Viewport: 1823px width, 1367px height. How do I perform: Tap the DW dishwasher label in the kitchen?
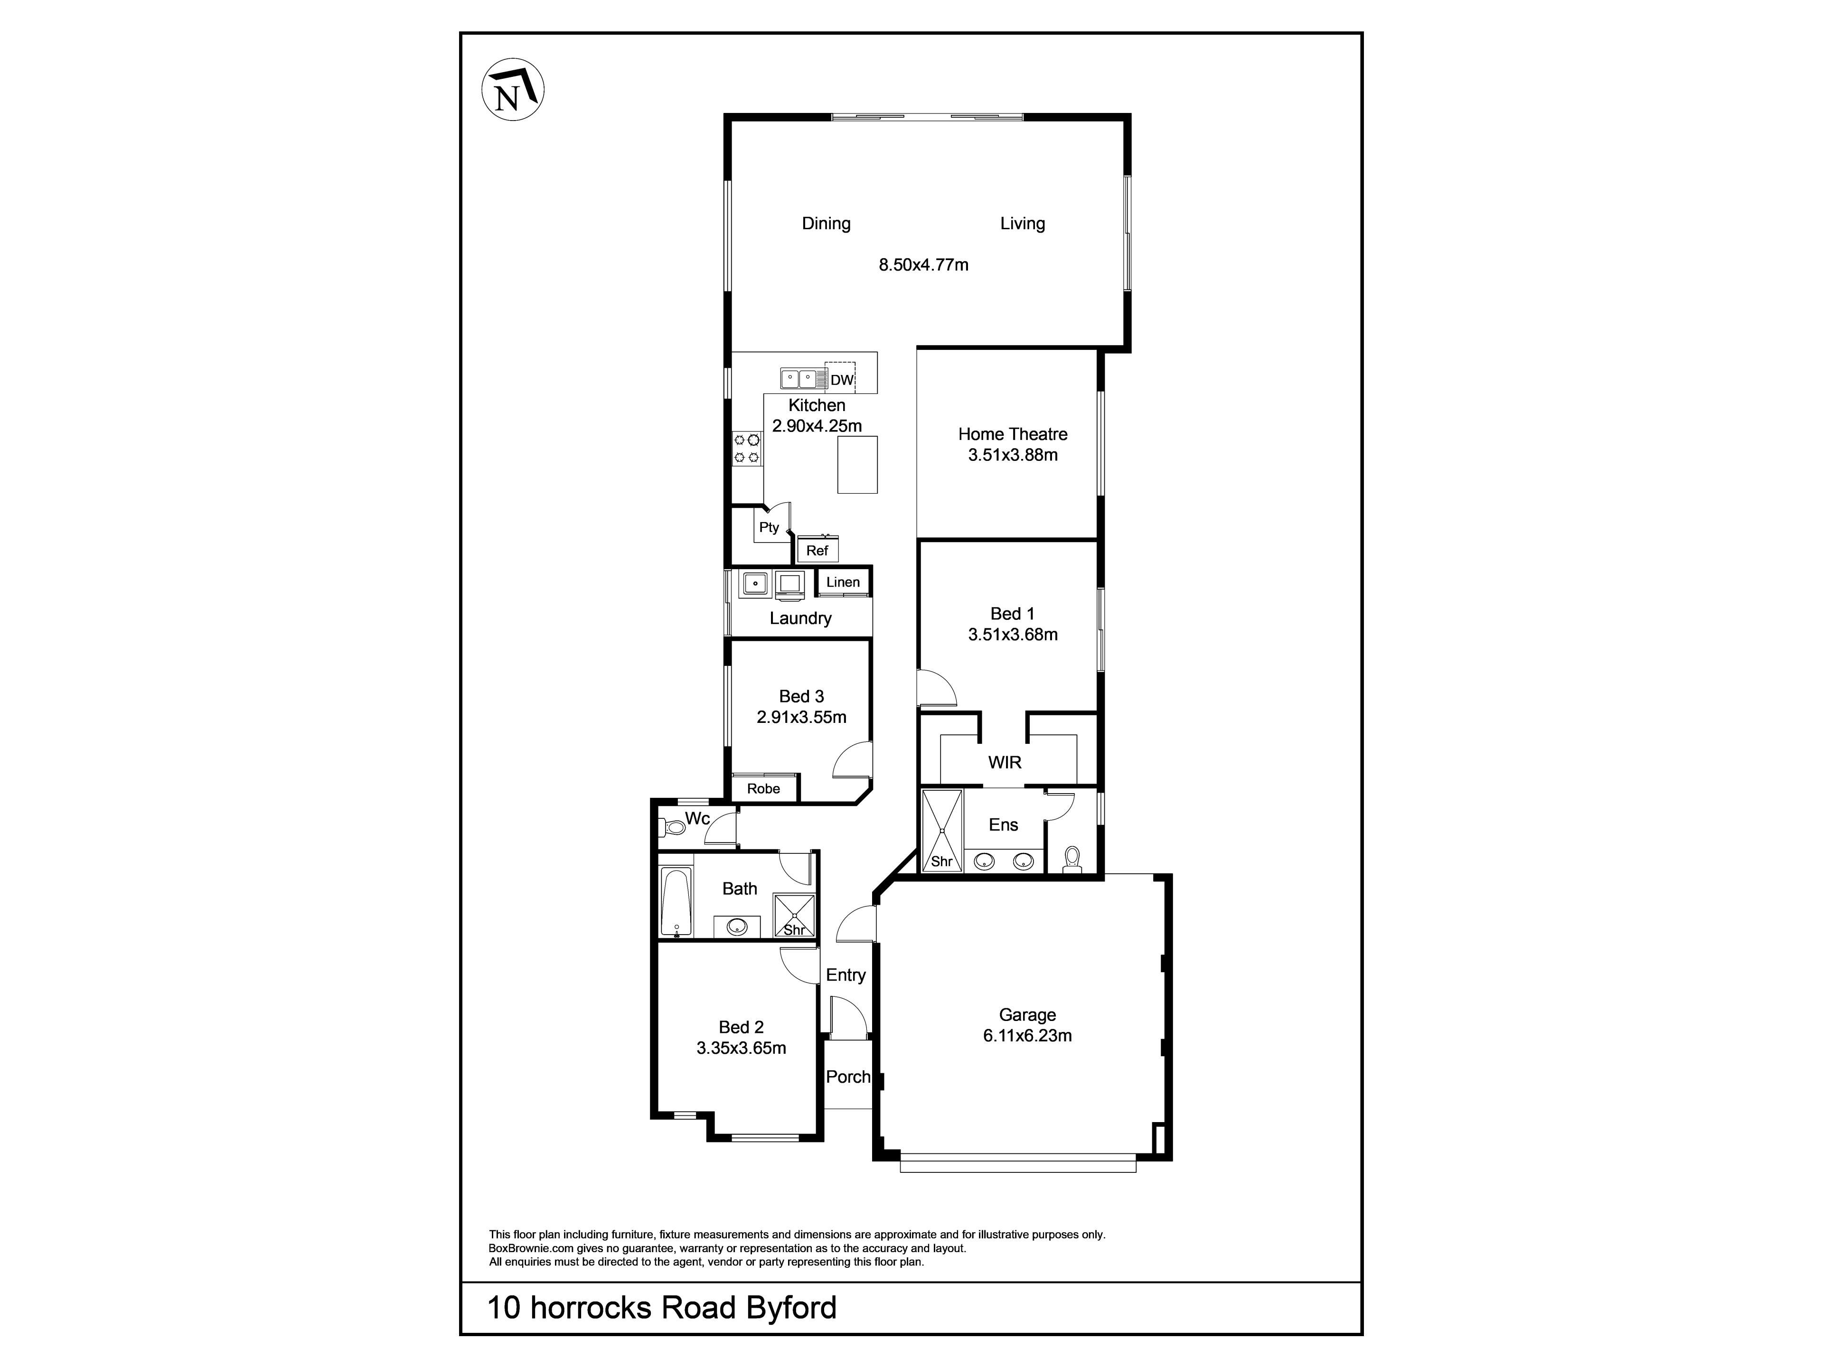pos(841,380)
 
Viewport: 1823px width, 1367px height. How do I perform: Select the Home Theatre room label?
pos(1013,434)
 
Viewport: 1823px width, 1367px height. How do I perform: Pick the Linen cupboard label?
pos(843,582)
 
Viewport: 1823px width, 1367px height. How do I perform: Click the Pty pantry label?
pos(769,527)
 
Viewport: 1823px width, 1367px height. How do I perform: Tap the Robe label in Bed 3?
pos(764,788)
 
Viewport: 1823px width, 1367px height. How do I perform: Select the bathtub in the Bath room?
pos(677,902)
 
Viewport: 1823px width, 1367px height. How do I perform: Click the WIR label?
pos(1005,762)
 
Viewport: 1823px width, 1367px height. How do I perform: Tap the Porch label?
pos(848,1077)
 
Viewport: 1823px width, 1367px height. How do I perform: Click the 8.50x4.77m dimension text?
pos(924,264)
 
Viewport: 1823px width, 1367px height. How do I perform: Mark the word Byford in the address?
pos(791,1308)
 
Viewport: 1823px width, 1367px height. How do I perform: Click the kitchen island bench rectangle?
pos(857,465)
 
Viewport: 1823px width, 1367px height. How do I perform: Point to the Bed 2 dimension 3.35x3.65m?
pos(742,1048)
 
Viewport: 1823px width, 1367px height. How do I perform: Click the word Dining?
pos(827,223)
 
